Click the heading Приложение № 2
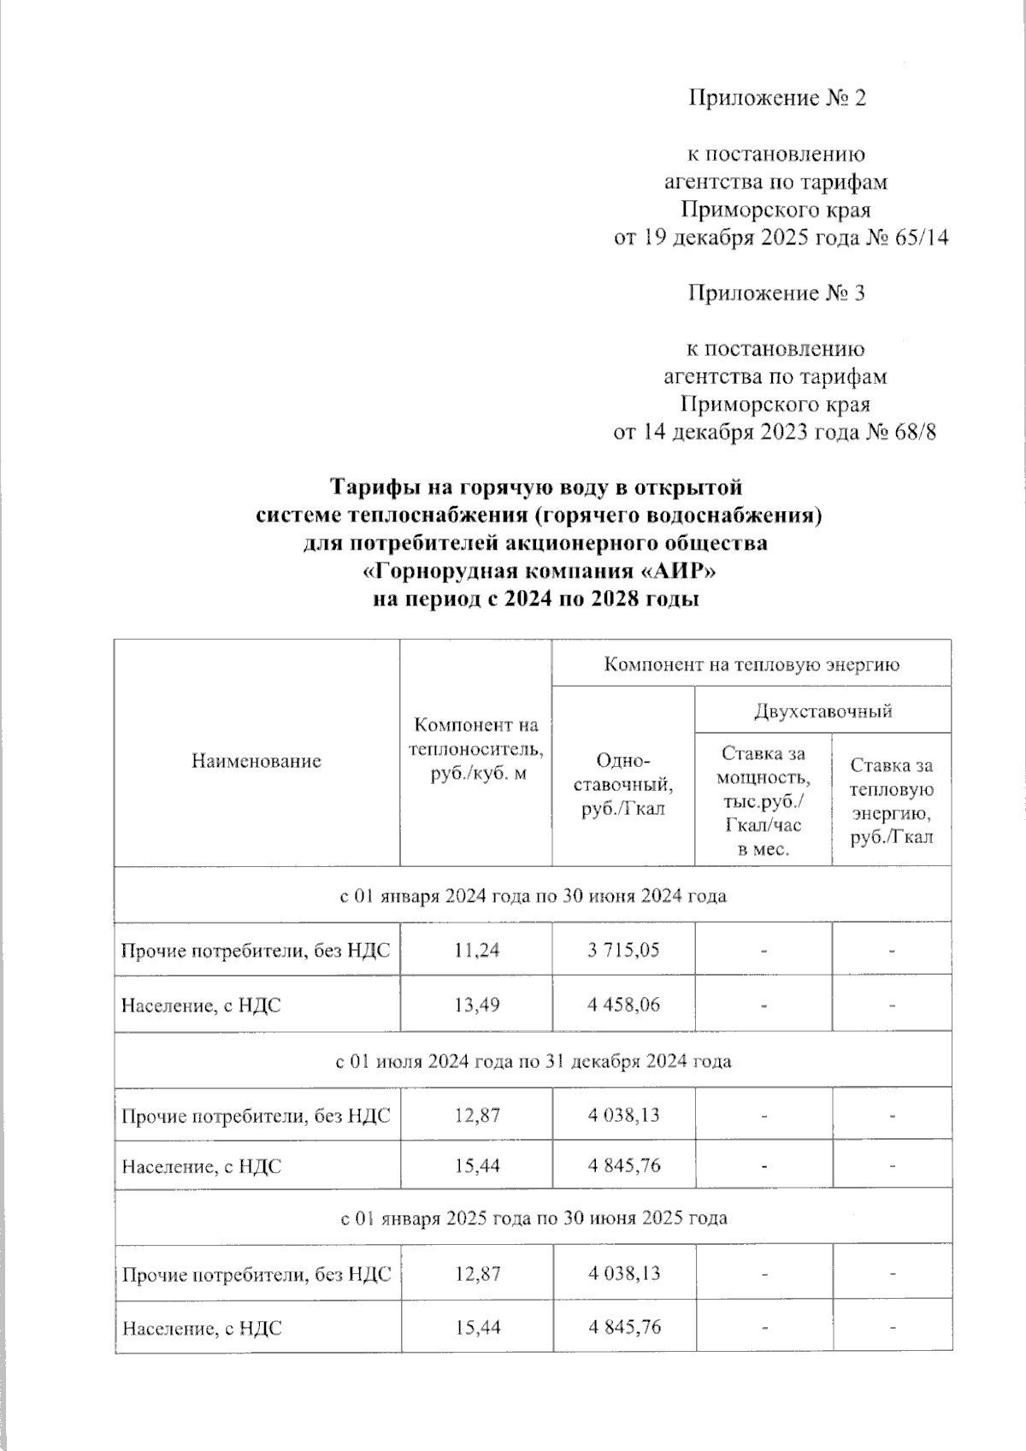pos(776,98)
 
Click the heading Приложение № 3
pos(776,293)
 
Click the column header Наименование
pos(256,760)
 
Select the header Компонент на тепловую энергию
pos(752,664)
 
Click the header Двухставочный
pos(823,710)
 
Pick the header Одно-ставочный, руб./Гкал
pos(622,785)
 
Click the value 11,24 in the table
pos(476,949)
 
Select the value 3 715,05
pos(623,949)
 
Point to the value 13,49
pos(476,1005)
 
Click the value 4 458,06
pos(623,1005)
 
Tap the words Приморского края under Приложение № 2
pos(776,209)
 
